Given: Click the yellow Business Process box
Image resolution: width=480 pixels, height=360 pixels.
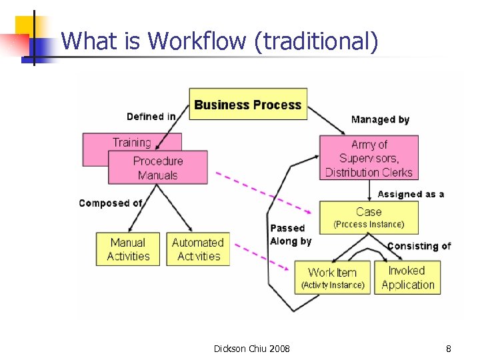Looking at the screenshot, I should (x=248, y=104).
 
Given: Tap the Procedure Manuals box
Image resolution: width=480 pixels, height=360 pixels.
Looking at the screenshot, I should (x=158, y=168).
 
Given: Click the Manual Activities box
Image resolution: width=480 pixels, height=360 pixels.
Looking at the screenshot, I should (x=128, y=249).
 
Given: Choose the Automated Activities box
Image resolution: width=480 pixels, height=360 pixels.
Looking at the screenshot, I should (x=197, y=249).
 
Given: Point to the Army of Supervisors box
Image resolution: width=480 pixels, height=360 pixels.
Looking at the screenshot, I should (x=369, y=158).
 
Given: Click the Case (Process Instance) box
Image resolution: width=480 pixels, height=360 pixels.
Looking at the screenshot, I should (x=369, y=217).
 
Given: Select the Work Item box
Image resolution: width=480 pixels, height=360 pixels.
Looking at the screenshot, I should (x=333, y=277).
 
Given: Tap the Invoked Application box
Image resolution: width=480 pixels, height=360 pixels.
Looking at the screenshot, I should (x=407, y=277).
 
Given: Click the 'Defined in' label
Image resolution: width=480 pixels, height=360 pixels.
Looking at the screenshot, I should (x=151, y=117).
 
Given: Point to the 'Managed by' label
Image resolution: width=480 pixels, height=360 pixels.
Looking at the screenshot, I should (x=380, y=120).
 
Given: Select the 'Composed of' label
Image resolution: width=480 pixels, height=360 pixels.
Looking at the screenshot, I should (x=111, y=203).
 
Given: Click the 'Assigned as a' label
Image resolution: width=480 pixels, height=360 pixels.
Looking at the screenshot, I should (x=411, y=194).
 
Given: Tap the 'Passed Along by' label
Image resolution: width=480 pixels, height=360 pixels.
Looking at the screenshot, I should (x=290, y=235).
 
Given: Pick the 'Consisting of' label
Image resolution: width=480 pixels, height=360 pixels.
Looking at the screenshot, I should (x=419, y=246).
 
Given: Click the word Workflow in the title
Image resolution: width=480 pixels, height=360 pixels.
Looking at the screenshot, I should (x=198, y=41).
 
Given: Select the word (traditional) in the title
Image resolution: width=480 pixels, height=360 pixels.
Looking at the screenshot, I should (x=316, y=41).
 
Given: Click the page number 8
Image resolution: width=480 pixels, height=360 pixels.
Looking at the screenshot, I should (x=449, y=348).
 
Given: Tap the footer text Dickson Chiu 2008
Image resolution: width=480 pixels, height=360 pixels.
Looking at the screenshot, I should (x=251, y=348).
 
